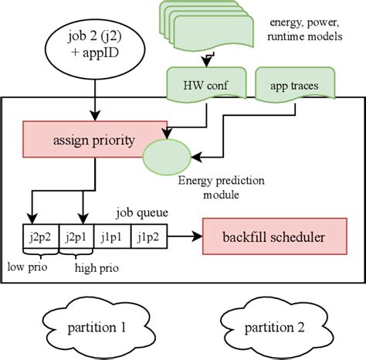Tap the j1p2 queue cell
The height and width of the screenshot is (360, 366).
coord(149,236)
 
